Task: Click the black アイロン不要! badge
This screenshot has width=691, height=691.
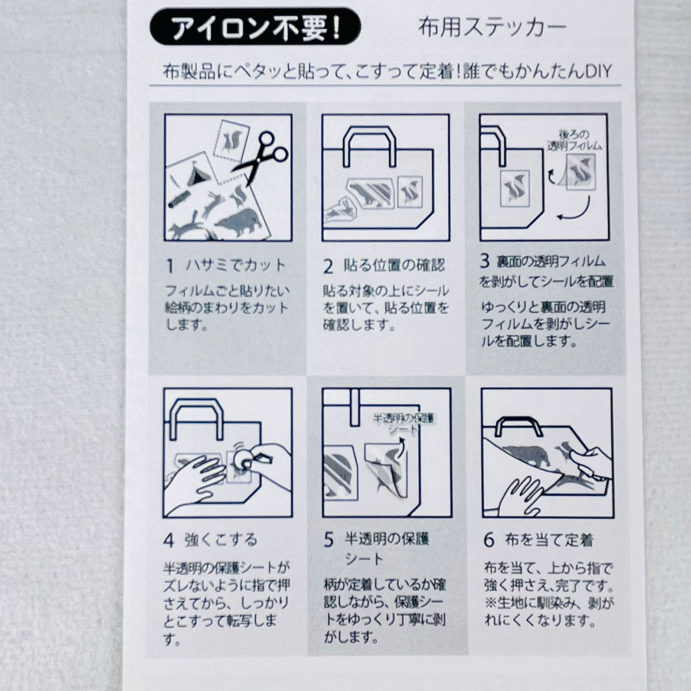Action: tap(255, 26)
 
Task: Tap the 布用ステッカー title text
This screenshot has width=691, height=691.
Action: tap(492, 27)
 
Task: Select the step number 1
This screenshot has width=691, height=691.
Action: tap(170, 267)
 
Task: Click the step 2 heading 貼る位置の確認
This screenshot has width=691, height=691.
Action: tap(394, 265)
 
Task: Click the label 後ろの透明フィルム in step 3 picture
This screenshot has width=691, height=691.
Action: tap(575, 140)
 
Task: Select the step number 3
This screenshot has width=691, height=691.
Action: tap(485, 261)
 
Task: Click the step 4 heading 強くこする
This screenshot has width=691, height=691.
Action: tap(221, 540)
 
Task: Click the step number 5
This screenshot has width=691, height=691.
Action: tap(328, 540)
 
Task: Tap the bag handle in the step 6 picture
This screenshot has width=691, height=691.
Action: tap(518, 426)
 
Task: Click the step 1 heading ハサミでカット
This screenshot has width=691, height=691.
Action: tap(236, 266)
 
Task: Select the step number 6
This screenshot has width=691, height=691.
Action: tap(489, 540)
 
